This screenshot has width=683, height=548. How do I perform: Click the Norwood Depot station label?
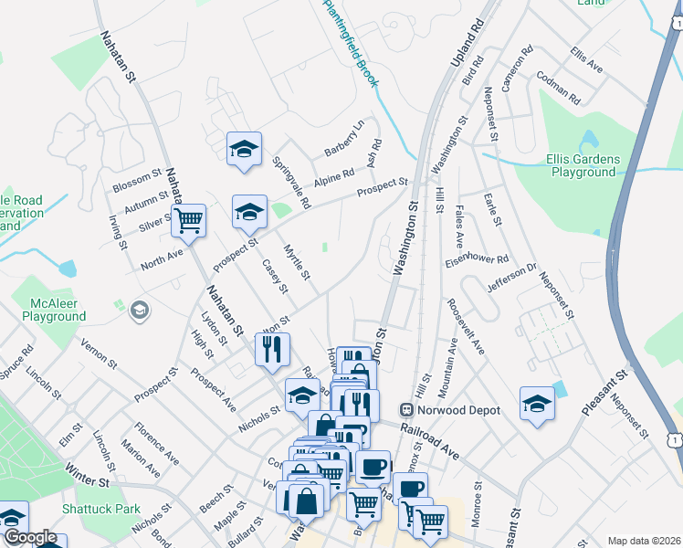[459, 410]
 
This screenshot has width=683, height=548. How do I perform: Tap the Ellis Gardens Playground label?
[583, 165]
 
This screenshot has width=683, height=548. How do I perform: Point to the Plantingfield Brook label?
[352, 44]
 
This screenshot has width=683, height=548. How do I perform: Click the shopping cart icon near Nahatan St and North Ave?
[188, 219]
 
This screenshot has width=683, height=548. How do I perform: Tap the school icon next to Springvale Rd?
[245, 149]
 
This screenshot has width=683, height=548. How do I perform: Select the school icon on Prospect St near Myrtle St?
[249, 213]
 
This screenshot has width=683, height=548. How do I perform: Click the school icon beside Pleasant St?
[537, 404]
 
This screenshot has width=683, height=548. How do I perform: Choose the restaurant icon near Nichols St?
[272, 349]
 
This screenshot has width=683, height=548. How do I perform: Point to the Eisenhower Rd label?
[476, 258]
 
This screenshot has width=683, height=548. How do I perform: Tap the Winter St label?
[87, 476]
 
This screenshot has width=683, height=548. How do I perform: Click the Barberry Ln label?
[345, 138]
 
